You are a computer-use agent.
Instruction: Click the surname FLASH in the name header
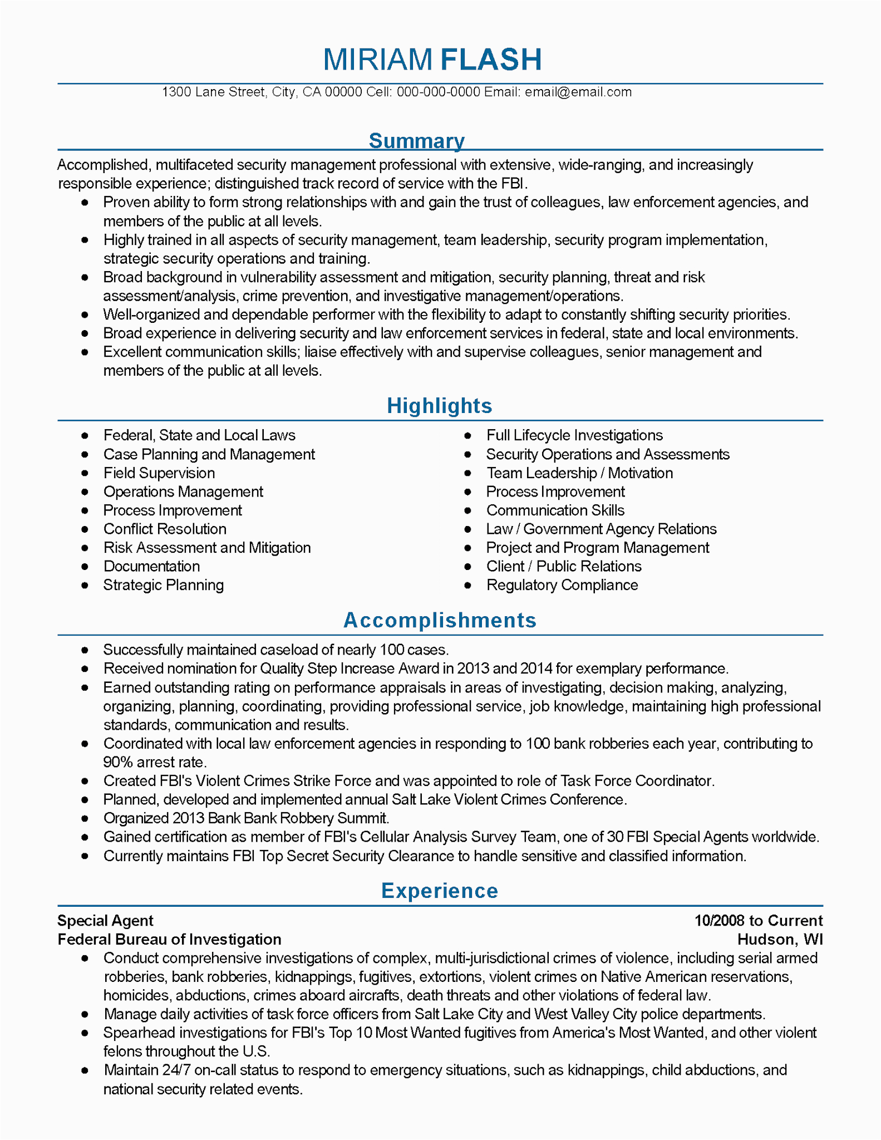[x=491, y=60]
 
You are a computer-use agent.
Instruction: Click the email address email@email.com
[x=578, y=92]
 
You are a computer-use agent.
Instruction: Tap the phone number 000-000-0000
[x=439, y=92]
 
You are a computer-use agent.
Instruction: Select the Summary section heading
[x=416, y=141]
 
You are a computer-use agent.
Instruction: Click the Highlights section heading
[x=440, y=406]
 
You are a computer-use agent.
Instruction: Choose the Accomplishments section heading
[x=440, y=620]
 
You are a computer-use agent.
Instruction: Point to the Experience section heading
[x=440, y=891]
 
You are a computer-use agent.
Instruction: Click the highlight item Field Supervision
[x=159, y=473]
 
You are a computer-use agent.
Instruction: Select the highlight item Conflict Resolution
[x=165, y=529]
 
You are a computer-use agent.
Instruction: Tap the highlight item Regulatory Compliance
[x=562, y=585]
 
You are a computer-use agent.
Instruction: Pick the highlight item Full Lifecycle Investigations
[x=574, y=435]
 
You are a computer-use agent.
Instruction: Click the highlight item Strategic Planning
[x=164, y=585]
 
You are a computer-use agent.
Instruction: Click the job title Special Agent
[x=105, y=921]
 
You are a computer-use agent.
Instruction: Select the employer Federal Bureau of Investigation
[x=169, y=940]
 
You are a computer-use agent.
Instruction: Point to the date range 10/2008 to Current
[x=759, y=921]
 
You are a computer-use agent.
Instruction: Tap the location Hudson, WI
[x=780, y=940]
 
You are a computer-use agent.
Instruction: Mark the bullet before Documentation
[x=85, y=567]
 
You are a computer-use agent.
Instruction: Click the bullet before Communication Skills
[x=468, y=510]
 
